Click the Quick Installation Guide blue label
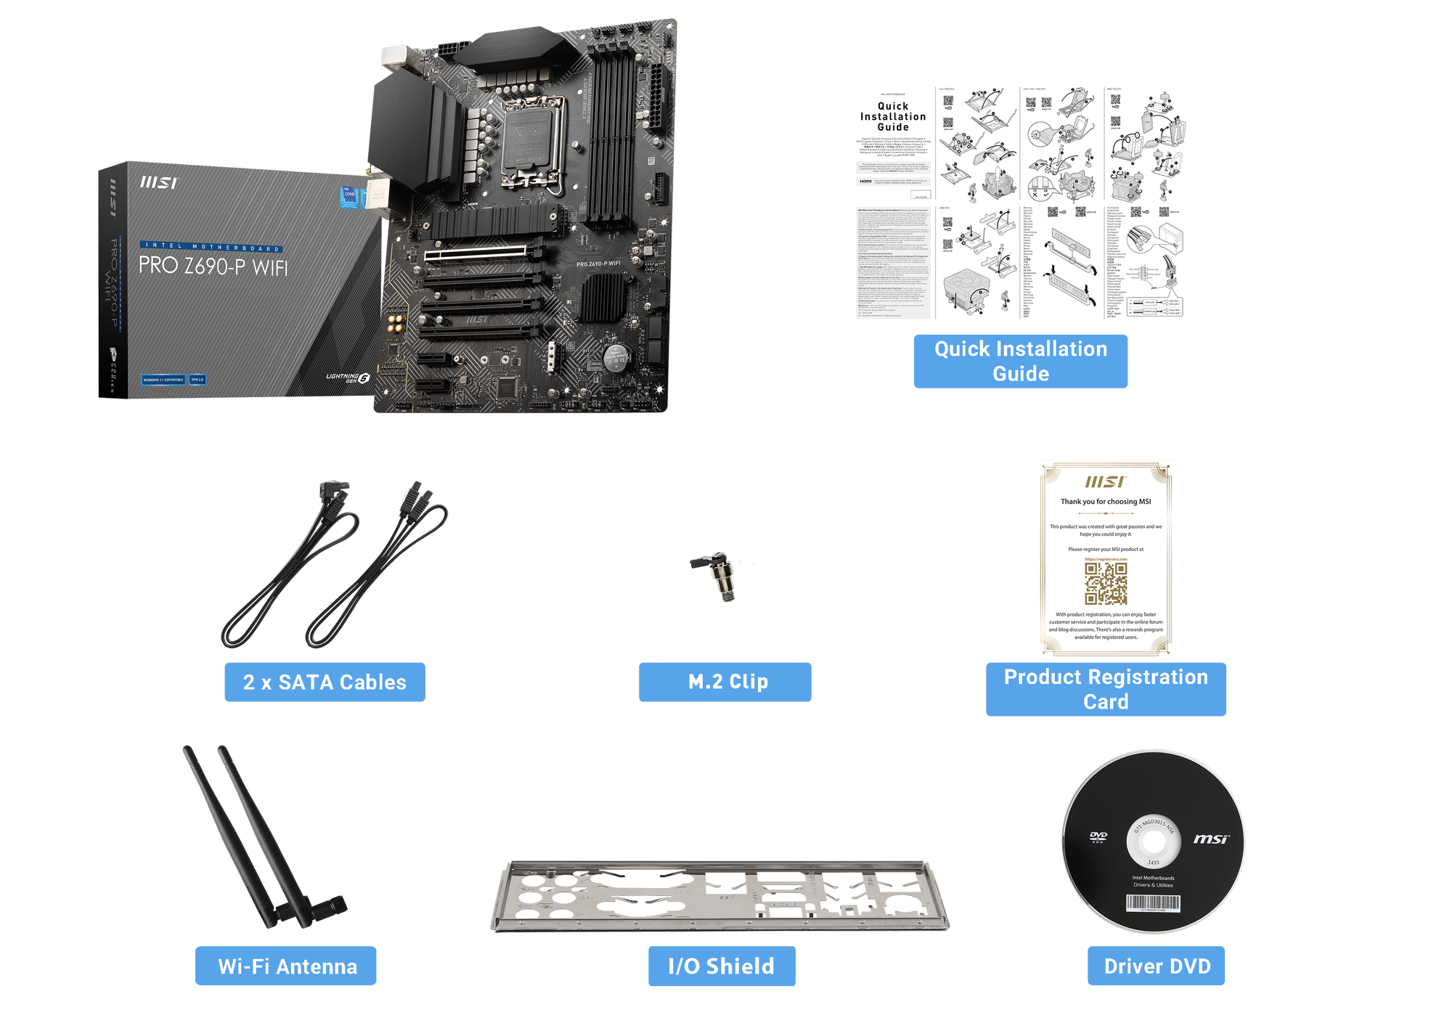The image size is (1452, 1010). pyautogui.click(x=1020, y=361)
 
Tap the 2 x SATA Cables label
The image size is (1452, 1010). pyautogui.click(x=325, y=682)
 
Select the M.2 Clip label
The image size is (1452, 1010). pyautogui.click(x=725, y=682)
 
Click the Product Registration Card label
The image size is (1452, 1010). pyautogui.click(x=1105, y=689)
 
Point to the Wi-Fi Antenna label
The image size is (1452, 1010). pyautogui.click(x=286, y=966)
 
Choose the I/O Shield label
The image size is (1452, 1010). pyautogui.click(x=721, y=966)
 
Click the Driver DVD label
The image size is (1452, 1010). pyautogui.click(x=1156, y=966)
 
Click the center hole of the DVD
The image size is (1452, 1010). pyautogui.click(x=1153, y=842)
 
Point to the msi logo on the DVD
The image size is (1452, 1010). pyautogui.click(x=1211, y=839)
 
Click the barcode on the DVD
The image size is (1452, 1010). pyautogui.click(x=1153, y=903)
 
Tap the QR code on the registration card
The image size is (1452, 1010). pyautogui.click(x=1105, y=584)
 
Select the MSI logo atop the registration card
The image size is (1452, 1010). pyautogui.click(x=1105, y=481)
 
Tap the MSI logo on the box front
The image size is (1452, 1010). pyautogui.click(x=158, y=182)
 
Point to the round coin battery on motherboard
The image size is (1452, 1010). pyautogui.click(x=616, y=357)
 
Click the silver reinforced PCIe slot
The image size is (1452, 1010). pyautogui.click(x=476, y=253)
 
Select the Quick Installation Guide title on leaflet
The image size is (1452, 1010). pyautogui.click(x=893, y=116)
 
